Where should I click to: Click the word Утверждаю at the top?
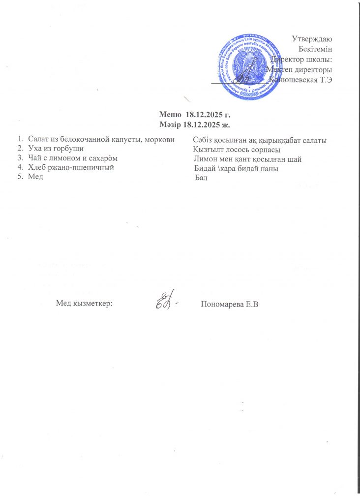pyautogui.click(x=312, y=38)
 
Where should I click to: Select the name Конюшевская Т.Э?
pyautogui.click(x=300, y=81)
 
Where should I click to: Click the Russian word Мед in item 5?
pyautogui.click(x=35, y=177)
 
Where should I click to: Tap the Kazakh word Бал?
pyautogui.click(x=201, y=178)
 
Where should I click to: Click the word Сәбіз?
pyautogui.click(x=203, y=141)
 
